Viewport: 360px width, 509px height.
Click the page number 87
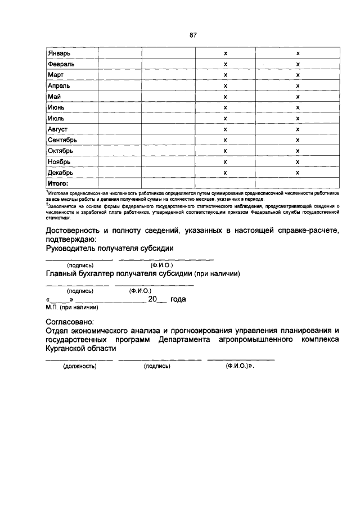[192, 35]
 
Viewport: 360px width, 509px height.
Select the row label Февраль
[62, 64]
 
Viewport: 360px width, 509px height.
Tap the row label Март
[57, 74]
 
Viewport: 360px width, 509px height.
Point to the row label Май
[55, 96]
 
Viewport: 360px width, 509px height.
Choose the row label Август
[58, 129]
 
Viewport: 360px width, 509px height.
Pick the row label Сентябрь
[64, 140]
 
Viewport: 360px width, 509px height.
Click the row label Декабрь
[61, 173]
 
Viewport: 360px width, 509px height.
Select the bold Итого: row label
[58, 183]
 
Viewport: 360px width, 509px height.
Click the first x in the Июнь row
[225, 107]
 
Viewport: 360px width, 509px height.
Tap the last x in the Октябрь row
[298, 151]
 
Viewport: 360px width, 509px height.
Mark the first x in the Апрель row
[225, 85]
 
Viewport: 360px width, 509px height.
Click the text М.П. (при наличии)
[72, 308]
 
